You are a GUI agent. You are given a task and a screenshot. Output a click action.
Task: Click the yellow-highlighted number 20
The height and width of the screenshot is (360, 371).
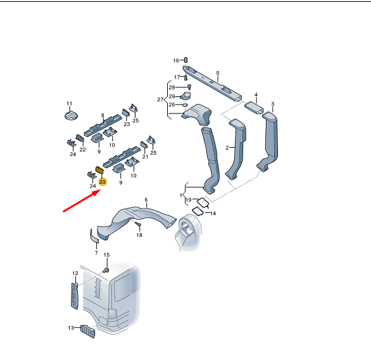[x=102, y=182]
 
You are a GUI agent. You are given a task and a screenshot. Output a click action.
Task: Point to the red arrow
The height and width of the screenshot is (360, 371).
[x=82, y=201]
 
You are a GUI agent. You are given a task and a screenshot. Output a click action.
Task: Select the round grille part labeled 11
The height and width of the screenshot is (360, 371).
[x=71, y=115]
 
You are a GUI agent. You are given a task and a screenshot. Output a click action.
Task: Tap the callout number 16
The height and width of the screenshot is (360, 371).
[x=176, y=61]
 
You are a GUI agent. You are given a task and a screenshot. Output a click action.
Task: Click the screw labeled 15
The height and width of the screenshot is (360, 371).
[x=106, y=270]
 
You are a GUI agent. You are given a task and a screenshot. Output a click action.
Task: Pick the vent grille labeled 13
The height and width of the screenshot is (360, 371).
[x=88, y=331]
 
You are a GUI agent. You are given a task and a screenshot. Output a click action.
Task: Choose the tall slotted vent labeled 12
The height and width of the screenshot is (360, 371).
[x=75, y=296]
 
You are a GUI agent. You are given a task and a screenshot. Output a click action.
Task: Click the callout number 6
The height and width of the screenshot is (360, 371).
[x=146, y=200]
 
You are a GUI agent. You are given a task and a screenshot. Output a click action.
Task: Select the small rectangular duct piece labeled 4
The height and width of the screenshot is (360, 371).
[x=254, y=108]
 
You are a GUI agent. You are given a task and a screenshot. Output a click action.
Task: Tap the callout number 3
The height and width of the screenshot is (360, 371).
[x=273, y=104]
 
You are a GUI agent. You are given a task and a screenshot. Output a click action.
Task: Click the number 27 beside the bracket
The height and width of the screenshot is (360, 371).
[x=160, y=100]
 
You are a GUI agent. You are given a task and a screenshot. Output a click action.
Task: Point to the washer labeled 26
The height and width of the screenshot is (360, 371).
[x=185, y=105]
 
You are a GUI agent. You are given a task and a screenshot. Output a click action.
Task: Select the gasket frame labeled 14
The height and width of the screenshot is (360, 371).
[x=198, y=211]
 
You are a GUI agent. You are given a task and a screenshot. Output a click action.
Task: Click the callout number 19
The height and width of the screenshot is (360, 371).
[x=189, y=200]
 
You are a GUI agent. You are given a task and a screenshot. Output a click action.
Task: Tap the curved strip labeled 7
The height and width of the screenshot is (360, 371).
[x=94, y=236]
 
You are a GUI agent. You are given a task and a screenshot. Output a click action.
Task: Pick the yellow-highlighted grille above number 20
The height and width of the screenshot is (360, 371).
[x=99, y=170]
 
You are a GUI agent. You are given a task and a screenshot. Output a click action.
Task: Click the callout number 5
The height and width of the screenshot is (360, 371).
[x=218, y=73]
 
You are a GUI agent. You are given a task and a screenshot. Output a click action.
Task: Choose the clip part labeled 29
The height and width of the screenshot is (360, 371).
[x=185, y=96]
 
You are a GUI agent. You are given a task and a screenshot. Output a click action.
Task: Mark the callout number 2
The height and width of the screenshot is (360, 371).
[x=227, y=148]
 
